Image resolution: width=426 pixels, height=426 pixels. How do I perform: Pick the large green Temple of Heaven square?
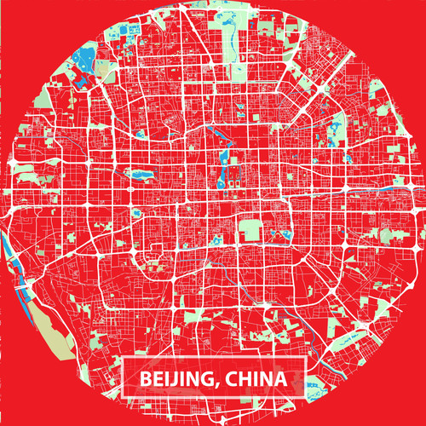(249, 230)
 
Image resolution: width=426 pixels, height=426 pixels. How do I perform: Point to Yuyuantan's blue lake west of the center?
(136, 175)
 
